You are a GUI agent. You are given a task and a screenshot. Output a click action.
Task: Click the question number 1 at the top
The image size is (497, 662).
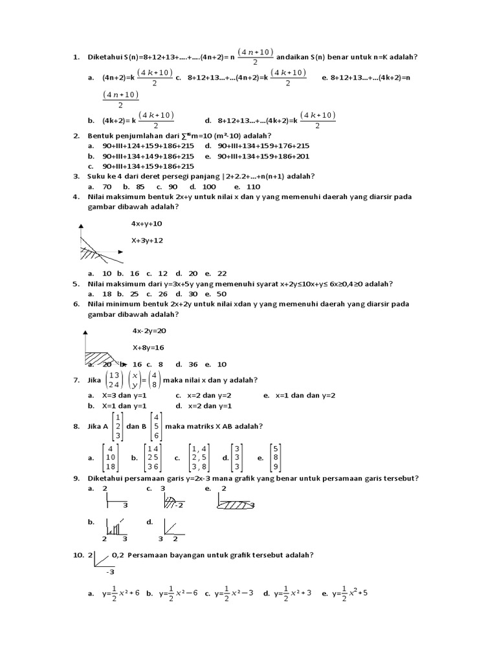[x=75, y=57]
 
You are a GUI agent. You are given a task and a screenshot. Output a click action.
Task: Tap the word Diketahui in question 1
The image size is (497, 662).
[x=105, y=57]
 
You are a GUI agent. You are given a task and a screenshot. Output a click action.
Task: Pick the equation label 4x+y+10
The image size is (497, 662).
[x=147, y=224]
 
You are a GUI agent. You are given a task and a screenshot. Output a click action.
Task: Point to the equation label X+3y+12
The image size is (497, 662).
[x=147, y=240]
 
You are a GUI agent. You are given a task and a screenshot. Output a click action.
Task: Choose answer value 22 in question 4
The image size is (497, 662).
[x=222, y=273]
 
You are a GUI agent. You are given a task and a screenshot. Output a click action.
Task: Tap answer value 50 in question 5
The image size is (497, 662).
[x=222, y=294]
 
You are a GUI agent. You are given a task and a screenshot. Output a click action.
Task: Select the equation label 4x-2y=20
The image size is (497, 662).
[x=148, y=330]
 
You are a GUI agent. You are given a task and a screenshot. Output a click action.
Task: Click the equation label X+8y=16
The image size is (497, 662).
[x=148, y=347]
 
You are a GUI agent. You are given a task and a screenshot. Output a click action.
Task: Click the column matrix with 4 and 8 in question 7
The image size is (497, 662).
[x=152, y=379]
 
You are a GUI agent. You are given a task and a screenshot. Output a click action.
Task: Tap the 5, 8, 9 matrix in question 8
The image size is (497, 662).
[x=275, y=458]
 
